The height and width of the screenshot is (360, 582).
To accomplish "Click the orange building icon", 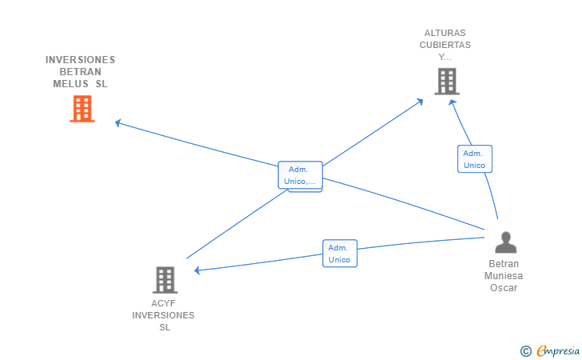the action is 82,109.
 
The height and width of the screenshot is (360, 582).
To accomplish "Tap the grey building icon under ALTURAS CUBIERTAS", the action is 447,82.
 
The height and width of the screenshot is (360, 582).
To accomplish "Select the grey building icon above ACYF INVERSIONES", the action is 165,280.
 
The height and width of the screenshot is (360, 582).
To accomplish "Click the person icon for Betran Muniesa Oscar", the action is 505,242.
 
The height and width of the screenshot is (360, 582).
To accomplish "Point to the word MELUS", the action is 70,84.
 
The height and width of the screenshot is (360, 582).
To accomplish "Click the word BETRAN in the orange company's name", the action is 80,72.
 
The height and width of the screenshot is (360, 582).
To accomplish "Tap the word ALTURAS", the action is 445,33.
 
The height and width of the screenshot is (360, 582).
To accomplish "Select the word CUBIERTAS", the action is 445,45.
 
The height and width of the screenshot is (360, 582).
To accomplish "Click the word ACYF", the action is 163,303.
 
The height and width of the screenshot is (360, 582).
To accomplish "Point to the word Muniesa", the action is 504,276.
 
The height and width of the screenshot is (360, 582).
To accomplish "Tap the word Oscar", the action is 504,288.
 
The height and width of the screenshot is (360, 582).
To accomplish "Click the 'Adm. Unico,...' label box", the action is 301,175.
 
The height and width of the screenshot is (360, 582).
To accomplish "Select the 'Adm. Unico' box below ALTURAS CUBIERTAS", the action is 475,159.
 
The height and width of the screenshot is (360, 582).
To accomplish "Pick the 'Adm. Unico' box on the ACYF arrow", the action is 340,254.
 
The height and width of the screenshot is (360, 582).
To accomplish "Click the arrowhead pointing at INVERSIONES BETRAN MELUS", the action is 118,122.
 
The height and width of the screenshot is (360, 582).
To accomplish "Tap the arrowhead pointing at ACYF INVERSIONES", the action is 197,270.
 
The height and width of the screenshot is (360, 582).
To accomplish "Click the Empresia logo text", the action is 558,350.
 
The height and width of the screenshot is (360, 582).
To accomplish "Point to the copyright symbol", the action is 526,351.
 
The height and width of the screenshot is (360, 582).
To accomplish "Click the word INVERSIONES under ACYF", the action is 163,315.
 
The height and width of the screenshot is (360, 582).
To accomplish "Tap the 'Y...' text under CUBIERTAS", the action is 444,58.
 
